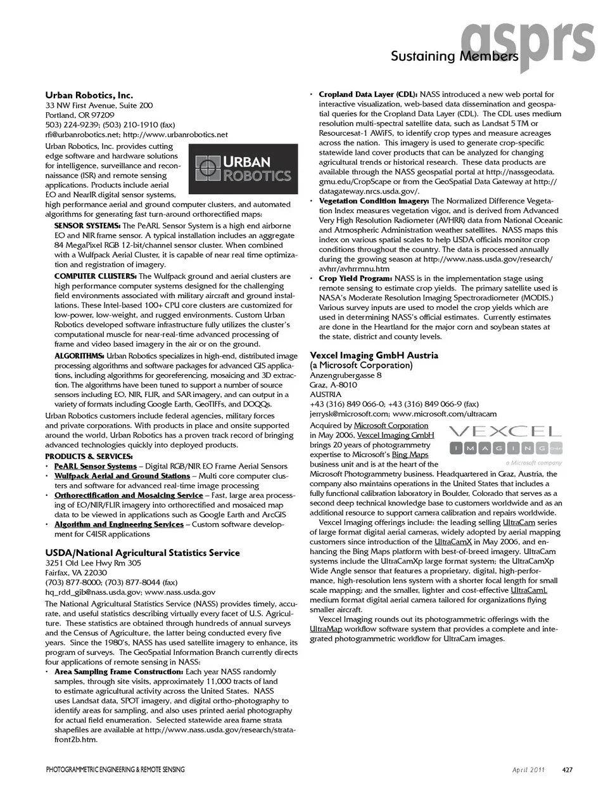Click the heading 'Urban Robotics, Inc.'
89,94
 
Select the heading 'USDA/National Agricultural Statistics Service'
142,552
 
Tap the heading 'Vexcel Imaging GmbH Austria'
374,355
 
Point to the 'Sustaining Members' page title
453,56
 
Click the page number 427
567,770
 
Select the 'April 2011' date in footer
529,770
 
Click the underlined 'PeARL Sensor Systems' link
95,466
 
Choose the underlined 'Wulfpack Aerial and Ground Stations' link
122,476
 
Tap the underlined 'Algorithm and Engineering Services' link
118,524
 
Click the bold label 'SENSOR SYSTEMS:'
87,226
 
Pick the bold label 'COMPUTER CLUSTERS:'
95,276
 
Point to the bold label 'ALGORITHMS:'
79,356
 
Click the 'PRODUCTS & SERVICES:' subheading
89,457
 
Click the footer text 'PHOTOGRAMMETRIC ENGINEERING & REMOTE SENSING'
115,770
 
